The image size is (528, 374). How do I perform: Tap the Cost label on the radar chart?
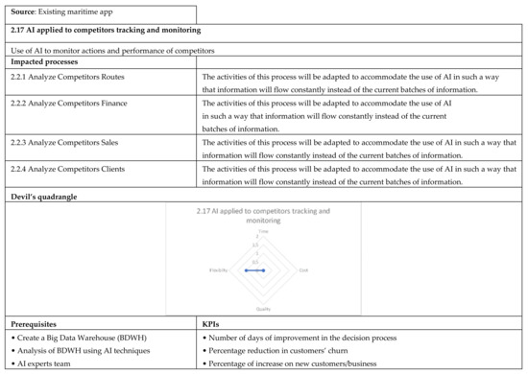click(304, 269)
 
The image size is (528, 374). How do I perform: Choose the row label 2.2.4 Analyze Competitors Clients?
click(66, 169)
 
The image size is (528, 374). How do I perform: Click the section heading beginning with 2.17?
click(106, 33)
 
